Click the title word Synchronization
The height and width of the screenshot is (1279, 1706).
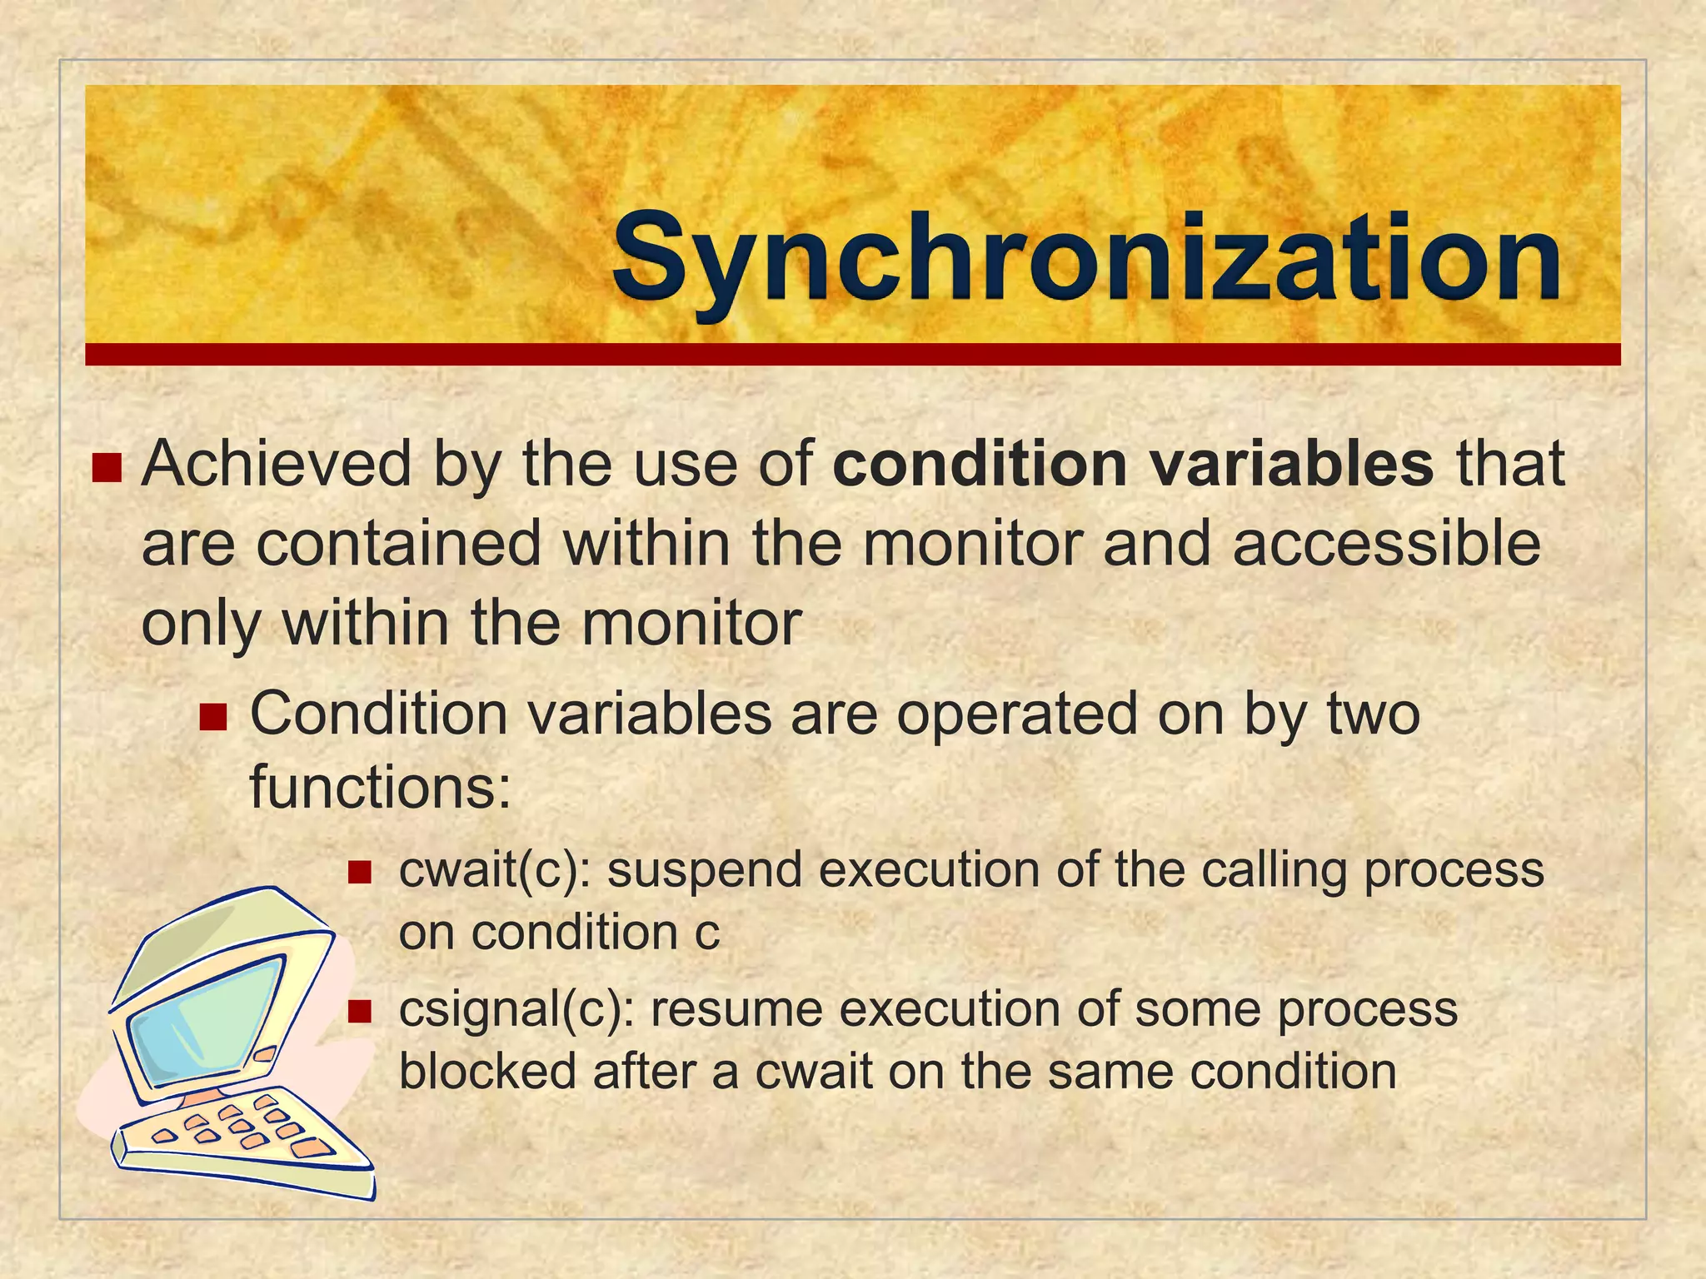pyautogui.click(x=1086, y=258)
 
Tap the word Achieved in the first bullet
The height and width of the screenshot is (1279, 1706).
pyautogui.click(x=277, y=464)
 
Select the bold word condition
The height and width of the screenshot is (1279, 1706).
pyautogui.click(x=980, y=464)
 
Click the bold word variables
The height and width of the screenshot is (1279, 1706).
pyautogui.click(x=1292, y=464)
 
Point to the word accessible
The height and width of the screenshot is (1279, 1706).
pyautogui.click(x=1386, y=544)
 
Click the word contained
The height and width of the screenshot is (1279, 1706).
pyautogui.click(x=399, y=544)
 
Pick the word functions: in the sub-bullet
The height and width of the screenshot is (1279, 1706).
pyautogui.click(x=380, y=787)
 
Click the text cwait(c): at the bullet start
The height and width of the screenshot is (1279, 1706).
pyautogui.click(x=495, y=871)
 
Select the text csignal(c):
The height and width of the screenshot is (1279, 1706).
pyautogui.click(x=517, y=1010)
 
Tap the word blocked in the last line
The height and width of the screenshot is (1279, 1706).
pyautogui.click(x=488, y=1071)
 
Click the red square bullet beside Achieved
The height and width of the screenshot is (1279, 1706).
pyautogui.click(x=107, y=468)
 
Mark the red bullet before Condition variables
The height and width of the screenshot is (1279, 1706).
pyautogui.click(x=213, y=717)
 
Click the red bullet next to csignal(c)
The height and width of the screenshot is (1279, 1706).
pyautogui.click(x=359, y=1012)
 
